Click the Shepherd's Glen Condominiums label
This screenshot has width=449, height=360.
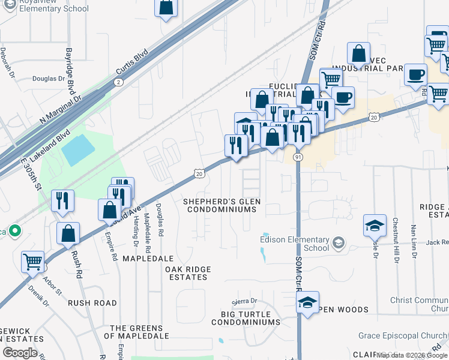click(x=222, y=205)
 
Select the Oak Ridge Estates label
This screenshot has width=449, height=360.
click(x=187, y=273)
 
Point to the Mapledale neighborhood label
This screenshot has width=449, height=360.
click(x=148, y=258)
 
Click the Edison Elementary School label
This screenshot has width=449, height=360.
click(x=295, y=243)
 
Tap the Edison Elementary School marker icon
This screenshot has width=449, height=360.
click(x=339, y=242)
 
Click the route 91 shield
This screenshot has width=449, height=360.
click(x=298, y=157)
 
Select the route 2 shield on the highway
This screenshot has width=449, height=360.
click(x=118, y=82)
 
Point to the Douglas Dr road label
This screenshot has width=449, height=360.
click(x=48, y=79)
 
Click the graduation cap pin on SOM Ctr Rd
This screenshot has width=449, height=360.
click(x=307, y=302)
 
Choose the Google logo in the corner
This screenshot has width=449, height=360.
click(x=20, y=353)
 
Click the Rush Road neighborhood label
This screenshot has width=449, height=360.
click(x=92, y=303)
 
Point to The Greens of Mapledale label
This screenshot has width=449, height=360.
click(x=136, y=332)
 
